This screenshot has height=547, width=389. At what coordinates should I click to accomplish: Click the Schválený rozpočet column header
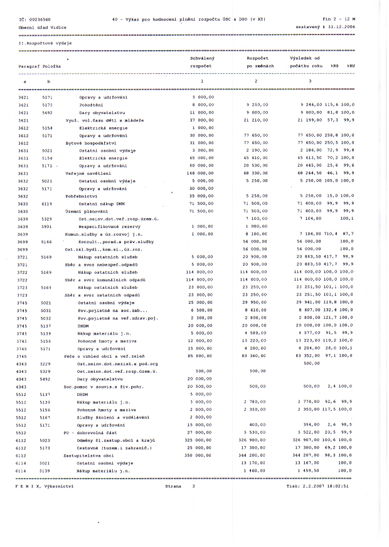(201, 61)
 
